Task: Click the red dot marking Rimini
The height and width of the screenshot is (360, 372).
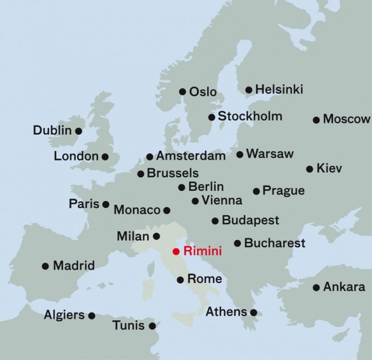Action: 176,251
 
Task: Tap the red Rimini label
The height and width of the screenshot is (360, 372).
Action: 203,251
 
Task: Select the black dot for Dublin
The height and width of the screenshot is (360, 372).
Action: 78,131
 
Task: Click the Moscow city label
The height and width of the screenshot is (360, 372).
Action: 346,119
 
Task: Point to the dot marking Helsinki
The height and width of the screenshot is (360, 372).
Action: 249,90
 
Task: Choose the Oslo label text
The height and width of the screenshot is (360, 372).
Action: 203,92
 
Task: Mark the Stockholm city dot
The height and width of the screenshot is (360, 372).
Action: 211,117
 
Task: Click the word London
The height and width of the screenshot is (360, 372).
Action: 76,157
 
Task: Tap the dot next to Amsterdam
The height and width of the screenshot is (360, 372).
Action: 150,157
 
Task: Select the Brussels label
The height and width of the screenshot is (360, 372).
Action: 172,174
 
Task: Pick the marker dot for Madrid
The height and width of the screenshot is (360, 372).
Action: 45,266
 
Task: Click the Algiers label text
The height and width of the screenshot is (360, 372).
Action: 64,315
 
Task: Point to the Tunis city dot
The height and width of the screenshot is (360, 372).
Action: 152,326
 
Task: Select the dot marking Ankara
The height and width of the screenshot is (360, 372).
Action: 316,288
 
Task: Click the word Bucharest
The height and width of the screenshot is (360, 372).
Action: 275,243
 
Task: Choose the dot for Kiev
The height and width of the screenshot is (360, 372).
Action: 309,169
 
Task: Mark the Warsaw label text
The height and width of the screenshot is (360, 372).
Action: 270,154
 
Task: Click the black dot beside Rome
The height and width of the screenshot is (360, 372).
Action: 180,280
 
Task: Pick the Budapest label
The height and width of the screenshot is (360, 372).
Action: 250,220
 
